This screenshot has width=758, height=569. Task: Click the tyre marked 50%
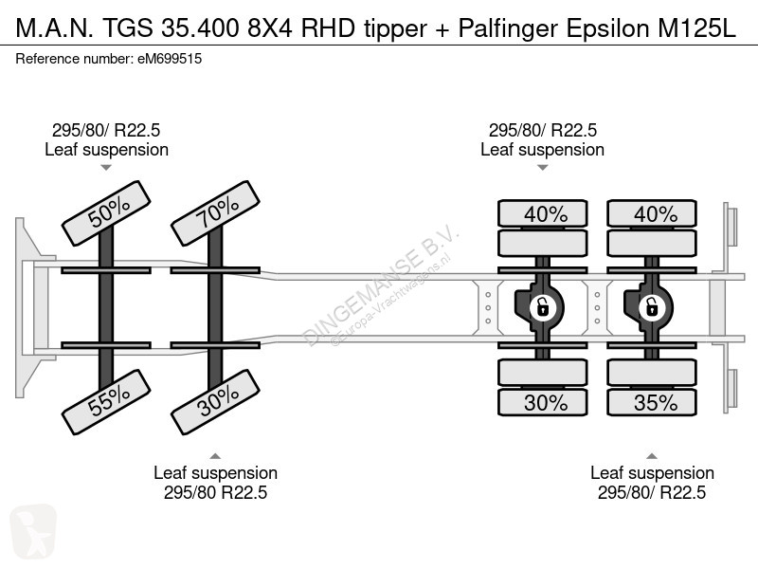pyautogui.click(x=106, y=212)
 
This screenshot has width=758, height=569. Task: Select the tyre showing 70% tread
pyautogui.click(x=216, y=212)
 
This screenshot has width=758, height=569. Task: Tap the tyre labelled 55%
pyautogui.click(x=106, y=402)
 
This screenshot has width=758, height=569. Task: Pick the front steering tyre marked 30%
pyautogui.click(x=216, y=402)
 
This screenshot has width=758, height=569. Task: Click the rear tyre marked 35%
pyautogui.click(x=652, y=402)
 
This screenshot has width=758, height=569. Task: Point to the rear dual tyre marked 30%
pyautogui.click(x=542, y=402)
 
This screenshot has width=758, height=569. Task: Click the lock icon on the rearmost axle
pyautogui.click(x=652, y=307)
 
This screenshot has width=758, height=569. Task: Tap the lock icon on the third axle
pyautogui.click(x=542, y=307)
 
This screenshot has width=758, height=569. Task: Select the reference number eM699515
pyautogui.click(x=170, y=59)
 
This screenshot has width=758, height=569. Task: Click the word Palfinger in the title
pyautogui.click(x=508, y=28)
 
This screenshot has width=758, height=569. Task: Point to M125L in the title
pyautogui.click(x=697, y=28)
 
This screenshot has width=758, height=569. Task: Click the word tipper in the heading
pyautogui.click(x=395, y=29)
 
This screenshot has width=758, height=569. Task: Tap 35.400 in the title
pyautogui.click(x=200, y=28)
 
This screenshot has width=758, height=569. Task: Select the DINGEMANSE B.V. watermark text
pyautogui.click(x=381, y=286)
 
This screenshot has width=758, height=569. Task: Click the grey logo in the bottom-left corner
pyautogui.click(x=33, y=531)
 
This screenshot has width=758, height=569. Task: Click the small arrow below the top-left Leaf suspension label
pyautogui.click(x=106, y=168)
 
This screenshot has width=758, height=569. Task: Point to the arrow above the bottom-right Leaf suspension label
pyautogui.click(x=652, y=456)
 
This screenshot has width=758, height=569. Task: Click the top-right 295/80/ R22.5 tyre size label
pyautogui.click(x=542, y=130)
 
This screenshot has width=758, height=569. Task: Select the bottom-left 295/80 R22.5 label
pyautogui.click(x=216, y=492)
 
